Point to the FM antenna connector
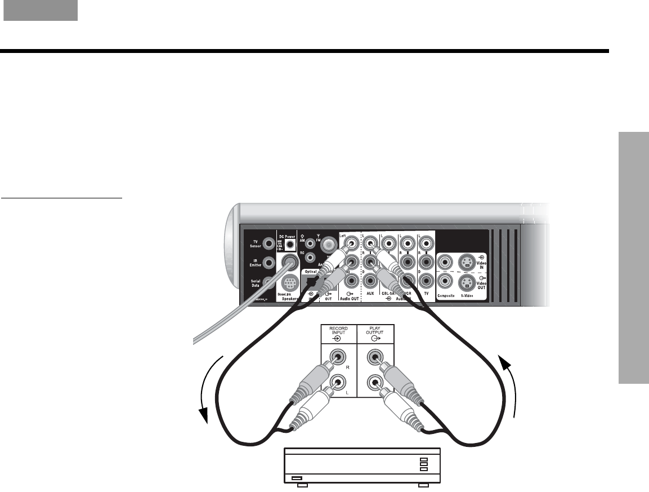pyautogui.click(x=326, y=244)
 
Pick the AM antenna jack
pyautogui.click(x=310, y=244)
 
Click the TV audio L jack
pyautogui.click(x=426, y=243)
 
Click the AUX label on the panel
pyautogui.click(x=370, y=294)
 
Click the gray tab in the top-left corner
pyautogui.click(x=41, y=11)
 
